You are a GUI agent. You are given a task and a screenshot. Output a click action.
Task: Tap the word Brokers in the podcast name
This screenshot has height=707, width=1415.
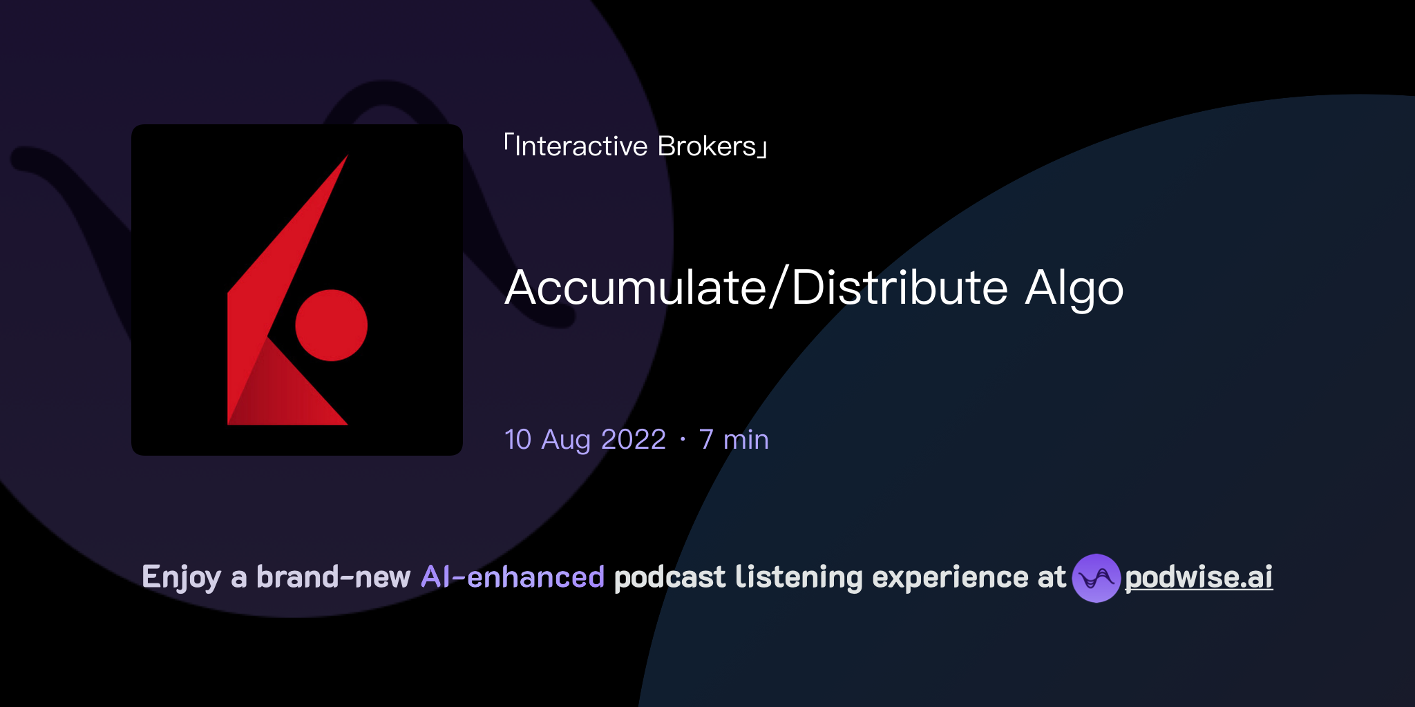coord(707,146)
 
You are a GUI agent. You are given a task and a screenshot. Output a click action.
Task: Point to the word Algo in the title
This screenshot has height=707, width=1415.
coord(1074,289)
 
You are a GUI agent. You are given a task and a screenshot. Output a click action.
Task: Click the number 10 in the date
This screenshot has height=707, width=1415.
coord(518,440)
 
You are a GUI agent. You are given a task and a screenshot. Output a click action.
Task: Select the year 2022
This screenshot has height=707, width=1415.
coord(634,440)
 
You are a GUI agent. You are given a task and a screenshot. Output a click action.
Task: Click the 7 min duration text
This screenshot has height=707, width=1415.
coord(734,440)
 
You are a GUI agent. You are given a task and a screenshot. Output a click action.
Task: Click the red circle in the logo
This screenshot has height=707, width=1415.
coord(331,325)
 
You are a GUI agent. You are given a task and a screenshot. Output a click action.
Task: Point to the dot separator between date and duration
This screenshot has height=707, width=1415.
coord(683,440)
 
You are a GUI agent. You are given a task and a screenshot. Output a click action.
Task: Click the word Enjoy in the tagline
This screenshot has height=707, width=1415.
coord(181,577)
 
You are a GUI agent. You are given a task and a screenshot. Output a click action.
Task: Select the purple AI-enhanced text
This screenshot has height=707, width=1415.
coord(513,577)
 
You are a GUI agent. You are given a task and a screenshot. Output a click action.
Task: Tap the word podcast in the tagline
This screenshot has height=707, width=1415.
coord(669,577)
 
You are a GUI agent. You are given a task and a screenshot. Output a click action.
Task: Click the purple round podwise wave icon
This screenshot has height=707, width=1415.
coord(1096,578)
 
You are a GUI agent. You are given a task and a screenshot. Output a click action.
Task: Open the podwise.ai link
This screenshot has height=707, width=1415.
coord(1199,577)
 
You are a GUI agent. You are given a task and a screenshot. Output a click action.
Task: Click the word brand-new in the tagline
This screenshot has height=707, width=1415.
coord(333,577)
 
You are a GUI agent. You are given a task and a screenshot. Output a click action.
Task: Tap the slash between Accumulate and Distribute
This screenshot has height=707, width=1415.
coord(779,287)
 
